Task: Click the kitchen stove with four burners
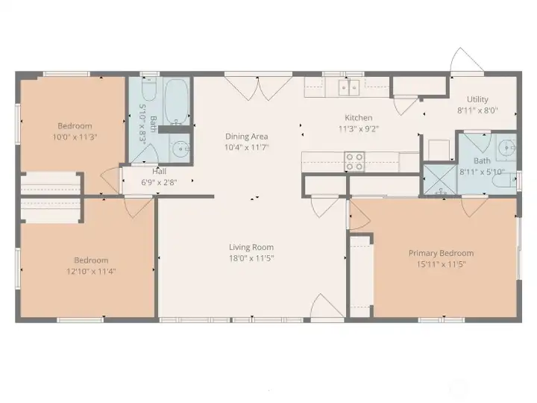click(x=354, y=161)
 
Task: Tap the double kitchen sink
click(x=348, y=88)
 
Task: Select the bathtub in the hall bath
click(x=177, y=101)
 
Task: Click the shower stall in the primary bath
click(x=438, y=181)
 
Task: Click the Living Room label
click(x=251, y=247)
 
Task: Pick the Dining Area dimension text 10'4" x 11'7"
click(x=246, y=148)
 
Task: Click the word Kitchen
click(x=358, y=118)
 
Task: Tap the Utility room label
click(x=477, y=99)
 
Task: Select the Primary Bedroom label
click(x=441, y=253)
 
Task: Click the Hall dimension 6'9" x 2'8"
click(x=160, y=181)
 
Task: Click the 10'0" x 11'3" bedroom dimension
click(x=75, y=137)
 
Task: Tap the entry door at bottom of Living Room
click(x=327, y=308)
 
